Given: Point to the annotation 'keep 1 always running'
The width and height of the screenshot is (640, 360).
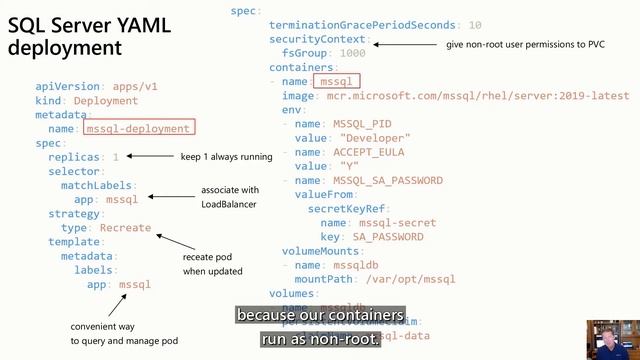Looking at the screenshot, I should pos(226,157).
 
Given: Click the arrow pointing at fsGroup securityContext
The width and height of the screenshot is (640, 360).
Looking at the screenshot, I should pos(405,45).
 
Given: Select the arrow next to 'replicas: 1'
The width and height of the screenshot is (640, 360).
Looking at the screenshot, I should pos(151,157).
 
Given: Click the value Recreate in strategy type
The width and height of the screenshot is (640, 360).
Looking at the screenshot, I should pos(125,228).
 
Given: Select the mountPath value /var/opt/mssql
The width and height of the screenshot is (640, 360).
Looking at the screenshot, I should pos(424,280).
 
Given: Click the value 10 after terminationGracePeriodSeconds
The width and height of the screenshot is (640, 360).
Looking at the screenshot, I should pos(474,24).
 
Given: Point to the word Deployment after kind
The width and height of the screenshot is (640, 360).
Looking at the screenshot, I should pos(105,101).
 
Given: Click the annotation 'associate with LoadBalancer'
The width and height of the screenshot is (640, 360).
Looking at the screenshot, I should pos(229,197).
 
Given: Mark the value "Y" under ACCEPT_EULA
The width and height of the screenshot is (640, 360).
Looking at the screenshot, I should pos(349,166).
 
